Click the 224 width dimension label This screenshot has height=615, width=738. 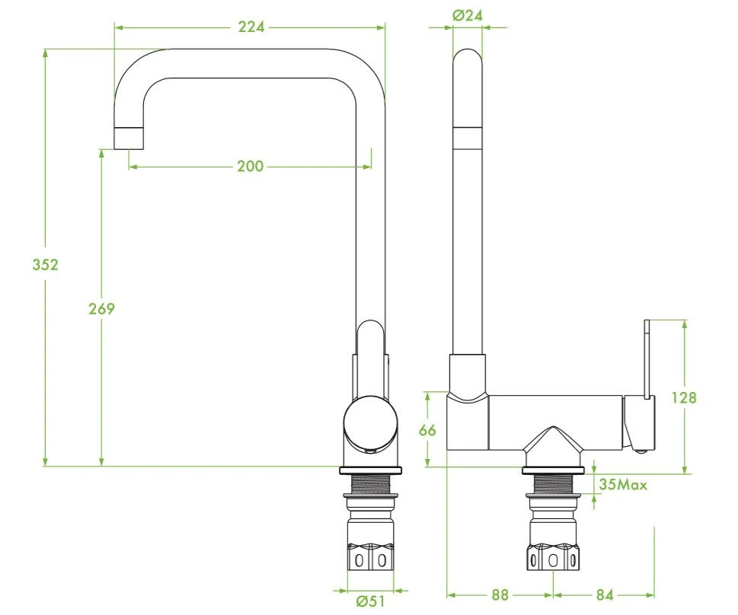click(x=251, y=27)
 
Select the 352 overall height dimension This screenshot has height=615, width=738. click(x=45, y=264)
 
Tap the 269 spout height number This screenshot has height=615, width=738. click(x=101, y=309)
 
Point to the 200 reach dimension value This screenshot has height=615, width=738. click(x=250, y=166)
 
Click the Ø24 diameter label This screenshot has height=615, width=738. click(x=468, y=15)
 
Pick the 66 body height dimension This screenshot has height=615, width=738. click(x=427, y=430)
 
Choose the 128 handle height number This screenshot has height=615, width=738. click(x=683, y=397)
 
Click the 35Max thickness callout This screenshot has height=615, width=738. click(x=623, y=484)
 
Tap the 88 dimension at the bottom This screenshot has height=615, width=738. click(x=500, y=595)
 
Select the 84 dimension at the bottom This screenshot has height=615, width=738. click(x=605, y=595)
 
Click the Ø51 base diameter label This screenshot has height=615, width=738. click(x=370, y=601)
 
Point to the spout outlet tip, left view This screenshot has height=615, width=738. click(x=129, y=139)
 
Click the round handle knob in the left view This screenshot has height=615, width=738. click(x=370, y=422)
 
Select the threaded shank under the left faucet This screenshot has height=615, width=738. click(x=370, y=484)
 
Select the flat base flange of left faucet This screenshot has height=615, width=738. click(x=370, y=470)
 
